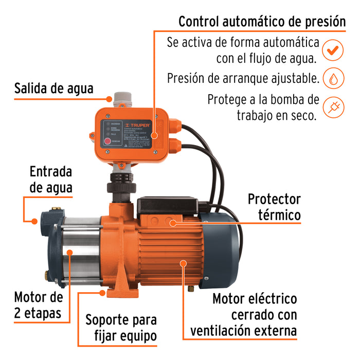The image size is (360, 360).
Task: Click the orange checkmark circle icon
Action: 333,50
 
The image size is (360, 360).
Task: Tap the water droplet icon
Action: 333,79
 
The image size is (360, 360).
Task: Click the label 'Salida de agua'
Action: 54,88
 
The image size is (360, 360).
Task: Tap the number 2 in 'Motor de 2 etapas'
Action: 19,313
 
